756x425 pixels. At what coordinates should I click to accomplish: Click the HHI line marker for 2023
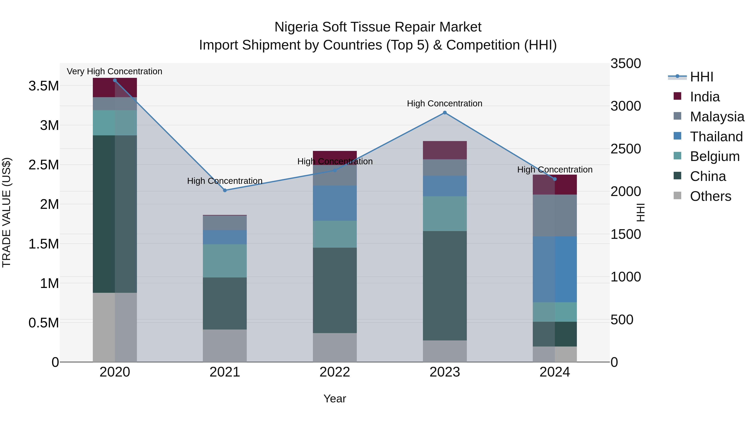coord(445,113)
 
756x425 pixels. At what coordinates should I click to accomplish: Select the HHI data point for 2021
coord(225,190)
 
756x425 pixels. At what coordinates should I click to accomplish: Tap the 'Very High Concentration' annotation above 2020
coord(114,71)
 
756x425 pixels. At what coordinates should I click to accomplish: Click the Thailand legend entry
coord(716,137)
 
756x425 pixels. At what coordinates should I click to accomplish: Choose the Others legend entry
coord(710,196)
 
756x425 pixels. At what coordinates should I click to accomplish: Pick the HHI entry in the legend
coord(701,77)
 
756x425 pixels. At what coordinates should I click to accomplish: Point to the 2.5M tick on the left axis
coord(44,165)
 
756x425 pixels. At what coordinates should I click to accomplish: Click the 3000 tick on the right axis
coord(626,106)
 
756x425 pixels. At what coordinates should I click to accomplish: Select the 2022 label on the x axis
coord(335,372)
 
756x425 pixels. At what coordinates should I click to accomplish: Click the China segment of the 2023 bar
coord(445,286)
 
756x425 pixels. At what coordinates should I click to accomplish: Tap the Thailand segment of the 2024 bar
coord(555,269)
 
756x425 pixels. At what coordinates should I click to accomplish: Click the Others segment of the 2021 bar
coord(225,345)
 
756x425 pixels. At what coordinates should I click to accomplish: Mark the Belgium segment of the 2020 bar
coord(115,123)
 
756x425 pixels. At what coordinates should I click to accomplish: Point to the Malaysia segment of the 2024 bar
coord(555,215)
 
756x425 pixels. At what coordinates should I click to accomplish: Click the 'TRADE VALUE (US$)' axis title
coord(7,212)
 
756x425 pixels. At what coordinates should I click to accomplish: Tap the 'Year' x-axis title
coord(335,399)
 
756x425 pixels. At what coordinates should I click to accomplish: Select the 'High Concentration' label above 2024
coord(555,170)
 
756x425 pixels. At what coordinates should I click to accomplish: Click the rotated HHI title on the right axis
coord(640,212)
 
